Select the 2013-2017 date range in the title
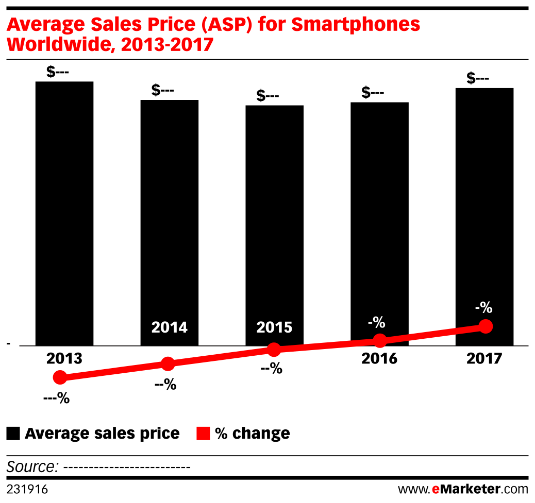pyautogui.click(x=166, y=45)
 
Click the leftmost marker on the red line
pyautogui.click(x=60, y=377)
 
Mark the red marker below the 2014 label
pyautogui.click(x=168, y=364)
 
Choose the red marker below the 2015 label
pyautogui.click(x=274, y=350)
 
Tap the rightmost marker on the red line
pyautogui.click(x=486, y=326)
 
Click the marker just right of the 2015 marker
pyautogui.click(x=380, y=341)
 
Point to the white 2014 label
pyautogui.click(x=169, y=327)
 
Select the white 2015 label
pyautogui.click(x=274, y=327)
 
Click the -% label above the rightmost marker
pyautogui.click(x=483, y=308)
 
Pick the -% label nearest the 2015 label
pyautogui.click(x=376, y=323)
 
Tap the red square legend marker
pyautogui.click(x=203, y=433)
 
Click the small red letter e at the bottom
pyautogui.click(x=436, y=489)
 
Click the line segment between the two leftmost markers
pyautogui.click(x=114, y=371)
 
